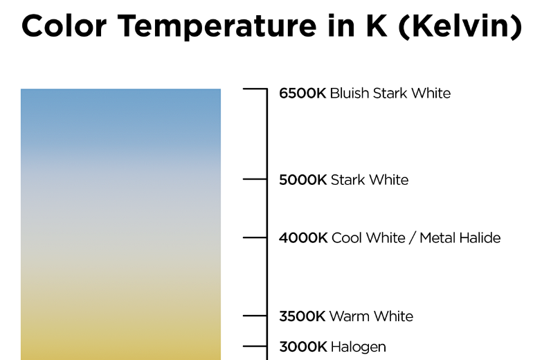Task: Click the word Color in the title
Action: pos(64,26)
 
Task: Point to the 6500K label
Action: pos(302,93)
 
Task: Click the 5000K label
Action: pos(302,180)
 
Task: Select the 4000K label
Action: pos(303,238)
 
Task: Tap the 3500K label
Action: pos(302,316)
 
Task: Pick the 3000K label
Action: pos(302,347)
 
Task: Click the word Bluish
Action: pos(350,93)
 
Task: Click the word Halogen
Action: pos(358,348)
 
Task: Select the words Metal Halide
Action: pos(460,238)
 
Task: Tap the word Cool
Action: pos(347,238)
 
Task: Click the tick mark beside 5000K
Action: pos(255,179)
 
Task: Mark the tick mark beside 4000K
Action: pos(255,237)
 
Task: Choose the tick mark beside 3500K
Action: pos(255,316)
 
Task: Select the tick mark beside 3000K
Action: pos(255,346)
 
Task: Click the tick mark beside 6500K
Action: pos(255,89)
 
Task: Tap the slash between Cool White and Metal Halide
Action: pos(412,238)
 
